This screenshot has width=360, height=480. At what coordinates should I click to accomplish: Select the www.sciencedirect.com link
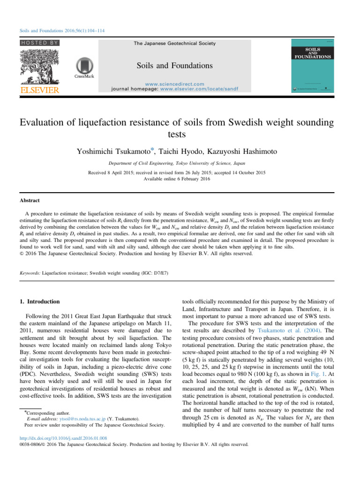pos(174,83)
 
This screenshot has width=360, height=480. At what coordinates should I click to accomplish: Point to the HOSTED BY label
pos(39,43)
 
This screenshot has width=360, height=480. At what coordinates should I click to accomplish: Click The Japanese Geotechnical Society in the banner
pos(174,44)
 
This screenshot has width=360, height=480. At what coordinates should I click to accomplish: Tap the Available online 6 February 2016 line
pos(180,180)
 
